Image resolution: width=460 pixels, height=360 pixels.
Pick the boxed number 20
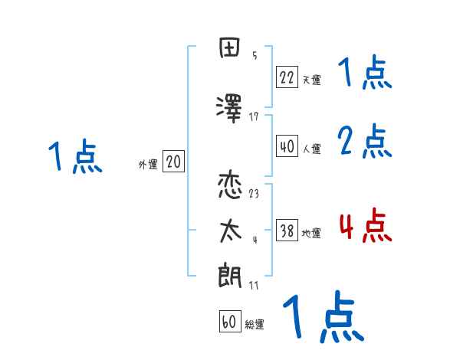(x=174, y=162)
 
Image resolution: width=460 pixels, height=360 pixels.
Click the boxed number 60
(x=229, y=322)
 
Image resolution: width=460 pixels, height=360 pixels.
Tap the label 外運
(x=148, y=164)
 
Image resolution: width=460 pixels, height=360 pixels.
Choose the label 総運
(x=255, y=325)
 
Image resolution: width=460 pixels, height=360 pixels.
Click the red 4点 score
(x=365, y=226)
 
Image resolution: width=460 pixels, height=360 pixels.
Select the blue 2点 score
(x=365, y=142)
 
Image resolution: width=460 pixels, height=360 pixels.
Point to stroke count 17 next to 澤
(x=254, y=116)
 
